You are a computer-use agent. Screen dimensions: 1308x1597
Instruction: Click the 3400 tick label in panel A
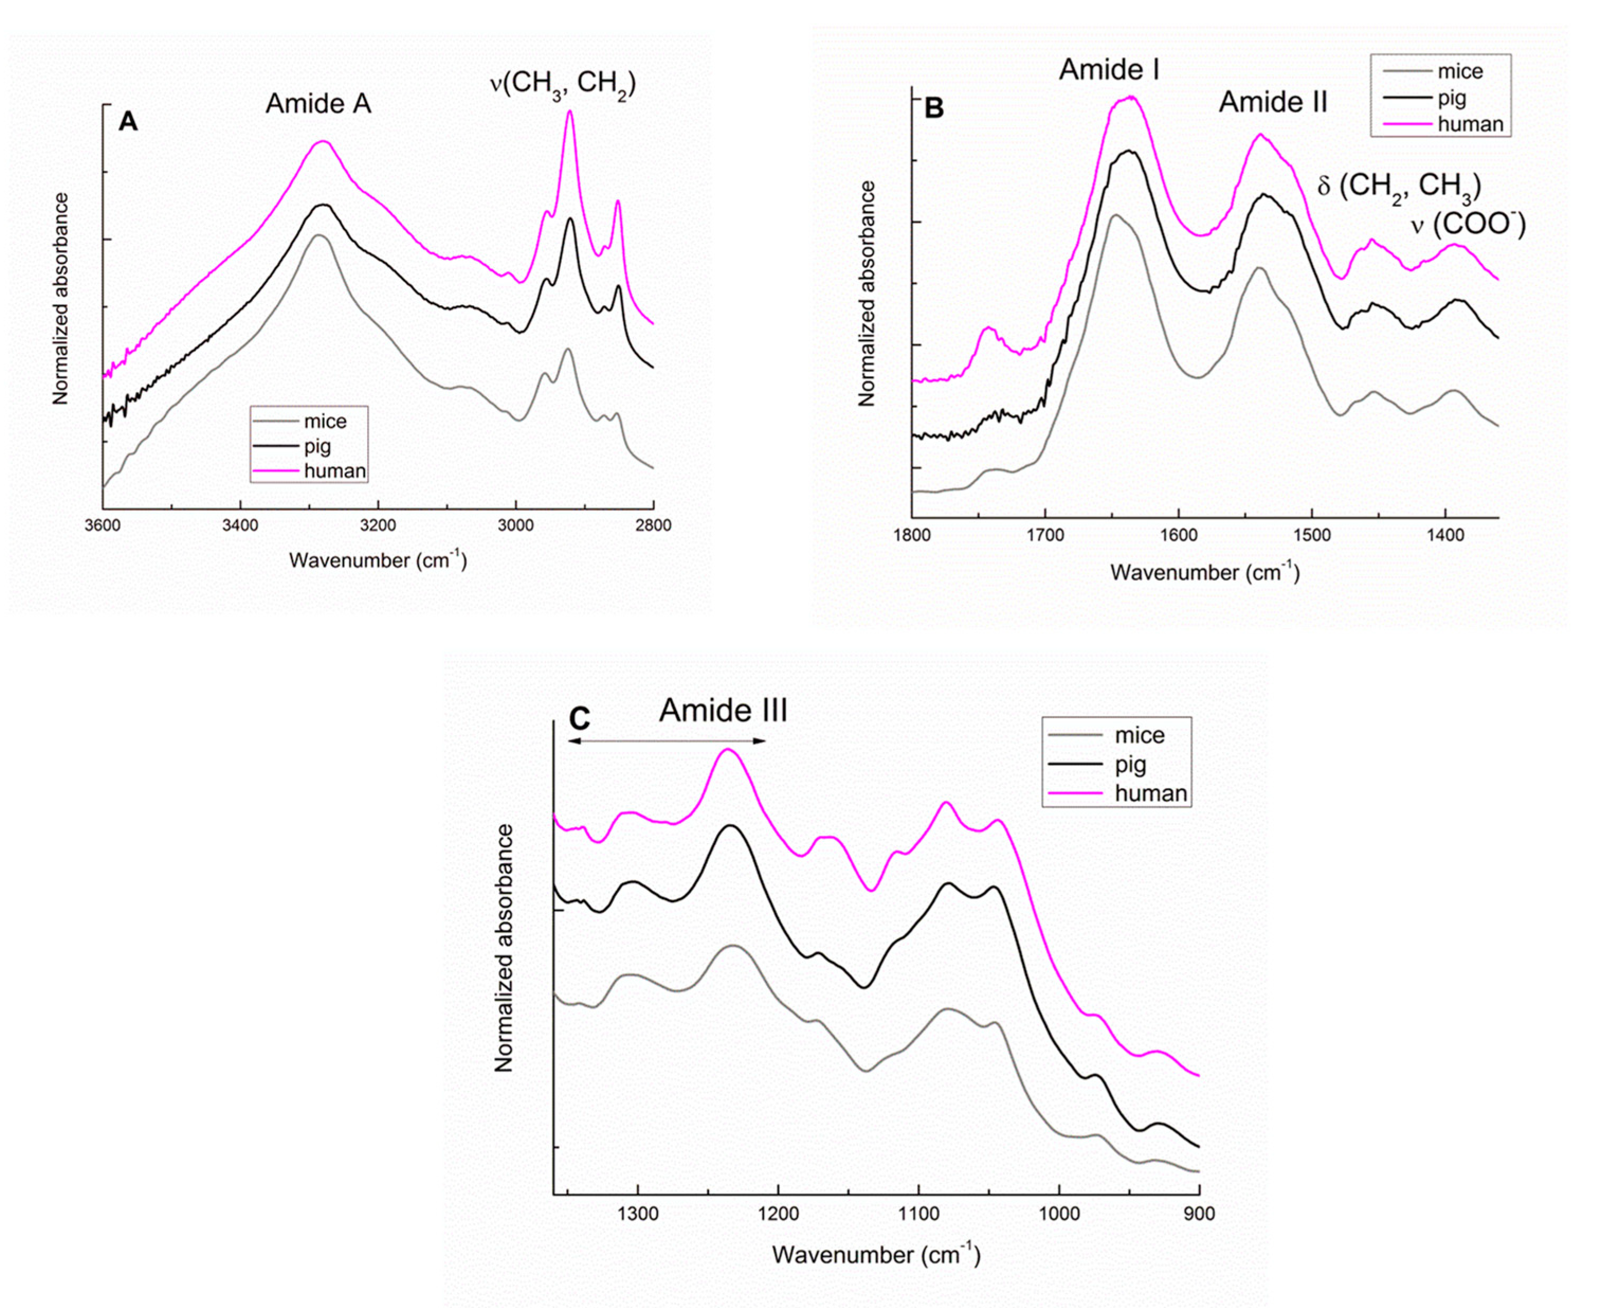click(240, 525)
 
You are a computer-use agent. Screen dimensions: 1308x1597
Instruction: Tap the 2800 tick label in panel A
click(653, 525)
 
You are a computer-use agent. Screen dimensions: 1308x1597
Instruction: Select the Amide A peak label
click(318, 103)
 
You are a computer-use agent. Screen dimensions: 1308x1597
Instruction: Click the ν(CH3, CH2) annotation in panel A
click(562, 84)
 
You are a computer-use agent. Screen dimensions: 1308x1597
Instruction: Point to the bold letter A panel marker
click(128, 121)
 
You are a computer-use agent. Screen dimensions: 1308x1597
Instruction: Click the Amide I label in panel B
click(1109, 69)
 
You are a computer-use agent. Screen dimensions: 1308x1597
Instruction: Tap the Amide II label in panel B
click(1273, 102)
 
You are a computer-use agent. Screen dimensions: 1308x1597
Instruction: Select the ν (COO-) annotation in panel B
click(1468, 225)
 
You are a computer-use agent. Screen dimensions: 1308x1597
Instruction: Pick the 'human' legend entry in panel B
click(1470, 124)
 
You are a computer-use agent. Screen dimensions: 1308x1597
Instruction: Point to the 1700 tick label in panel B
click(1045, 536)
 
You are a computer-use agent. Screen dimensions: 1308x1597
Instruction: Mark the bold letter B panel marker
click(934, 108)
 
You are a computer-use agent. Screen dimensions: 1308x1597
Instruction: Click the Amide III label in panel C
click(723, 710)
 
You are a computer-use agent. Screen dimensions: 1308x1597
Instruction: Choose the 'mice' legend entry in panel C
click(1139, 735)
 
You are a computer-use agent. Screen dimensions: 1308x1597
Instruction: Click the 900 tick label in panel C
click(1198, 1214)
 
